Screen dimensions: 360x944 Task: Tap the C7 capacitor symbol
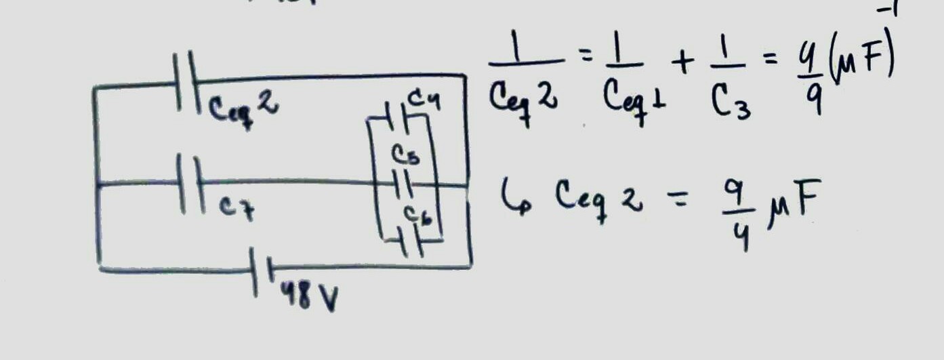[x=189, y=184]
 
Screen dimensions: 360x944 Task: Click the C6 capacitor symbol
[x=411, y=243]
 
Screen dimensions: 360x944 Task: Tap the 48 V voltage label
[x=308, y=298]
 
